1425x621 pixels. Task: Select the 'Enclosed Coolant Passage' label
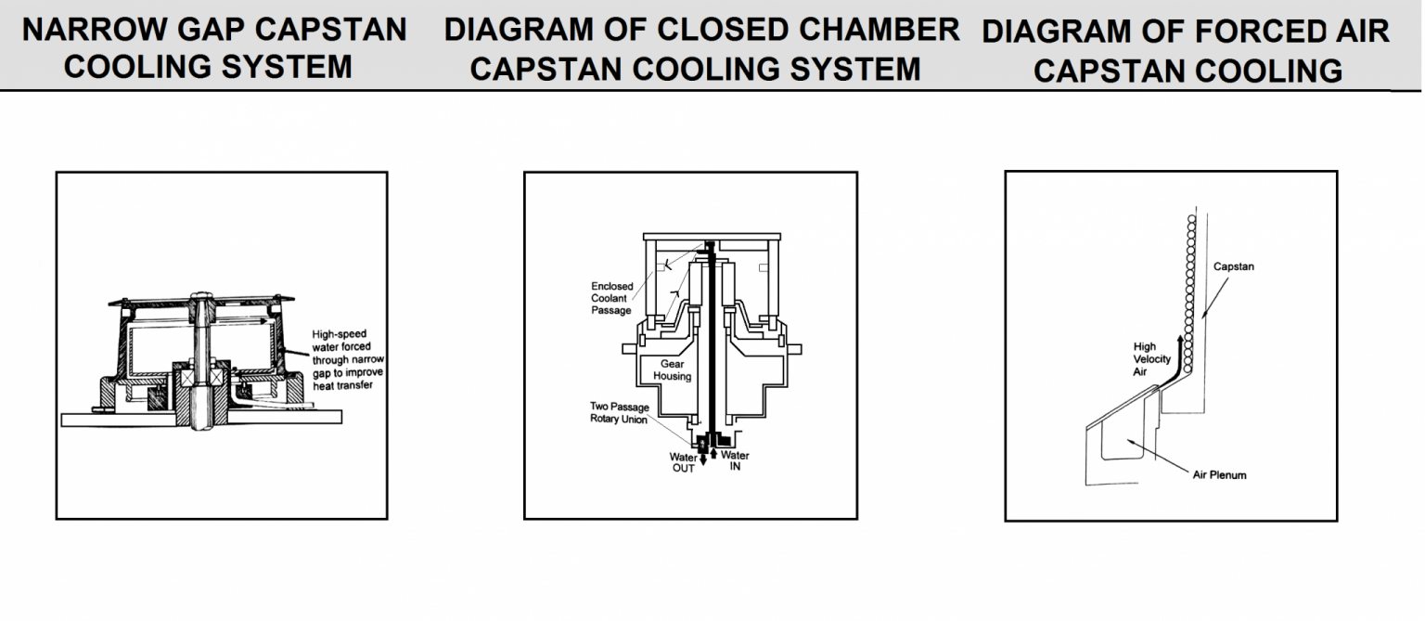611,298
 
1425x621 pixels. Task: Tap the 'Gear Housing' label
672,370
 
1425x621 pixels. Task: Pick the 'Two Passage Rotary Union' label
619,413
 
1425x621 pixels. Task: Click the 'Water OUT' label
683,462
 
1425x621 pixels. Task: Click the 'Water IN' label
734,460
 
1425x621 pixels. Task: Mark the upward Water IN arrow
713,452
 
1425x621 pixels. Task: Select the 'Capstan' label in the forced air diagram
1233,267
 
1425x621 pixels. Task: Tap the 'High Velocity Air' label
1151,359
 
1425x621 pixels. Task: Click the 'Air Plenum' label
1219,475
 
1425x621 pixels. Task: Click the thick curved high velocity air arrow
1176,357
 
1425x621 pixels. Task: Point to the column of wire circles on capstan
1187,278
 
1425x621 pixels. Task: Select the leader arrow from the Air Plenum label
1164,454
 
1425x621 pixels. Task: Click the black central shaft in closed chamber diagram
707,343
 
